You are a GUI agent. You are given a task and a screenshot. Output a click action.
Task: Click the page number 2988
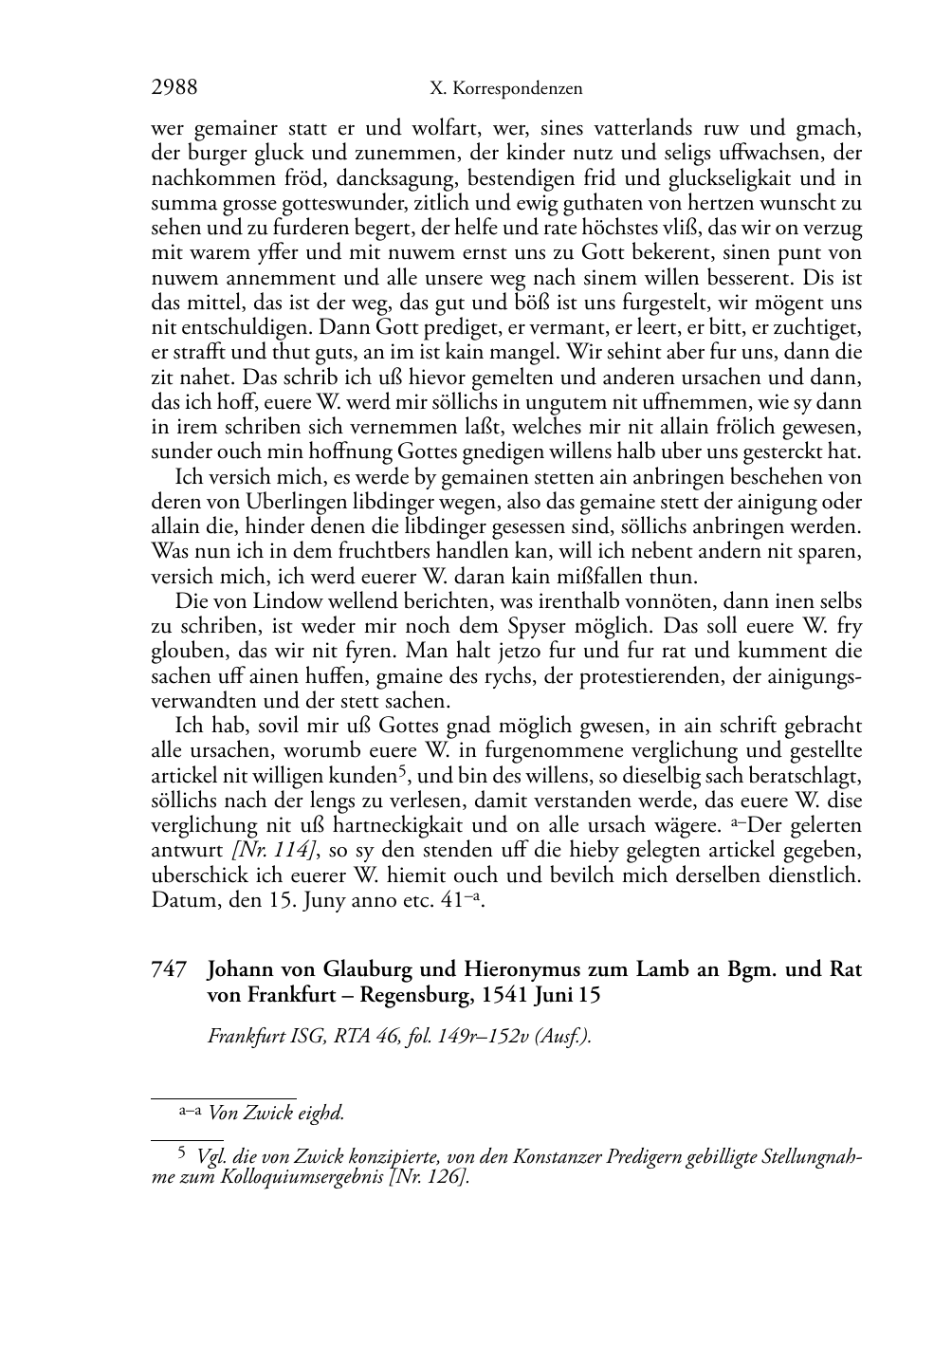(x=174, y=88)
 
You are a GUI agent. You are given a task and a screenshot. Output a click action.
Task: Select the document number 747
(x=167, y=970)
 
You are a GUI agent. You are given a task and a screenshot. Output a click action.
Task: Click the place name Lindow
(x=270, y=601)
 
